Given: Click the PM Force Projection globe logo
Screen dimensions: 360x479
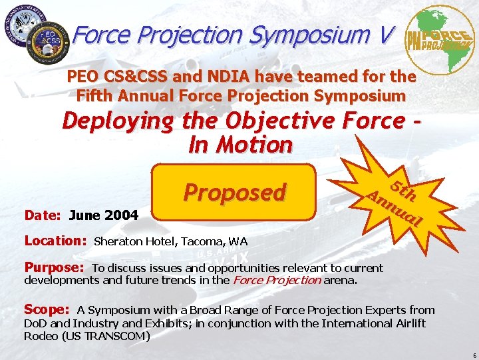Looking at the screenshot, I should (x=440, y=39).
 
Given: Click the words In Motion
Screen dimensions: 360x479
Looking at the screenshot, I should (x=240, y=144).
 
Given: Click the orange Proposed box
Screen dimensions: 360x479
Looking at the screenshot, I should (x=234, y=192).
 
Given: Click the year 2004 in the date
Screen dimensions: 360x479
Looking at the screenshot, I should (x=123, y=215).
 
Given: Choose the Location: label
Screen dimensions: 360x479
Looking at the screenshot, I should (x=56, y=241).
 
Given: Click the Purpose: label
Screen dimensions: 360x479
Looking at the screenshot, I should (x=54, y=267).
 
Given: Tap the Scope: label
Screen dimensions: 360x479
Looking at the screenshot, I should (x=47, y=309).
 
